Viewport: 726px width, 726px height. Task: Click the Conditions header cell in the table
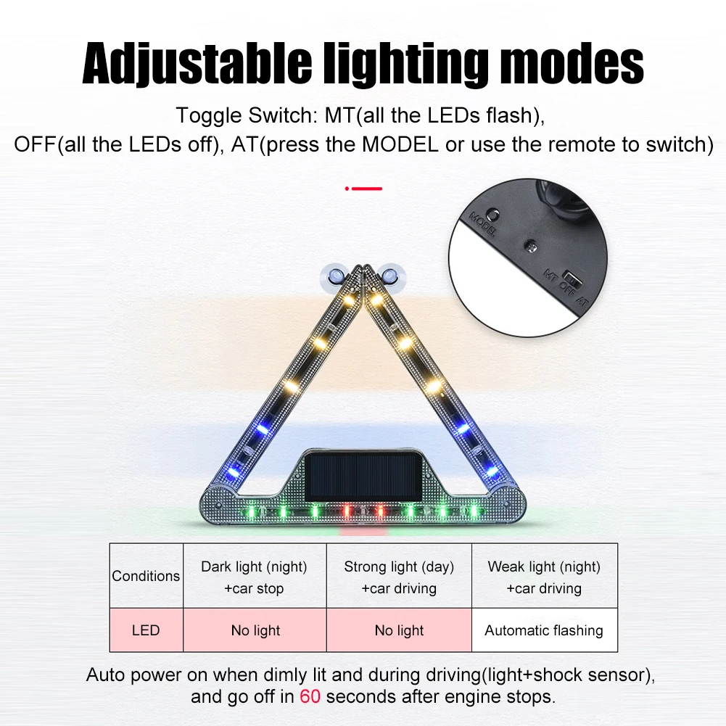click(x=146, y=576)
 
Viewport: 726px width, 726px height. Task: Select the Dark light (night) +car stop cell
click(x=254, y=577)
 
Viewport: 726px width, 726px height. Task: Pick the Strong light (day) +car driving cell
click(x=399, y=577)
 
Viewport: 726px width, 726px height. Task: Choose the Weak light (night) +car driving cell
click(x=544, y=577)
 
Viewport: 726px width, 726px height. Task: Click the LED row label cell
click(x=146, y=630)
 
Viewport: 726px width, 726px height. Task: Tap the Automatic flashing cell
click(x=544, y=630)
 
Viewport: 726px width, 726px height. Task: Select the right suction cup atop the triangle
click(x=392, y=276)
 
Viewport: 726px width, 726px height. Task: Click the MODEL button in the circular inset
click(x=492, y=215)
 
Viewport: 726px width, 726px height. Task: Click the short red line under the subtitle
click(x=364, y=189)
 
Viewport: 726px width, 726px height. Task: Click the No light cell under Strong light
click(x=399, y=630)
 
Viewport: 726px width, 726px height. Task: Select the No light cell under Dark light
click(x=255, y=630)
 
